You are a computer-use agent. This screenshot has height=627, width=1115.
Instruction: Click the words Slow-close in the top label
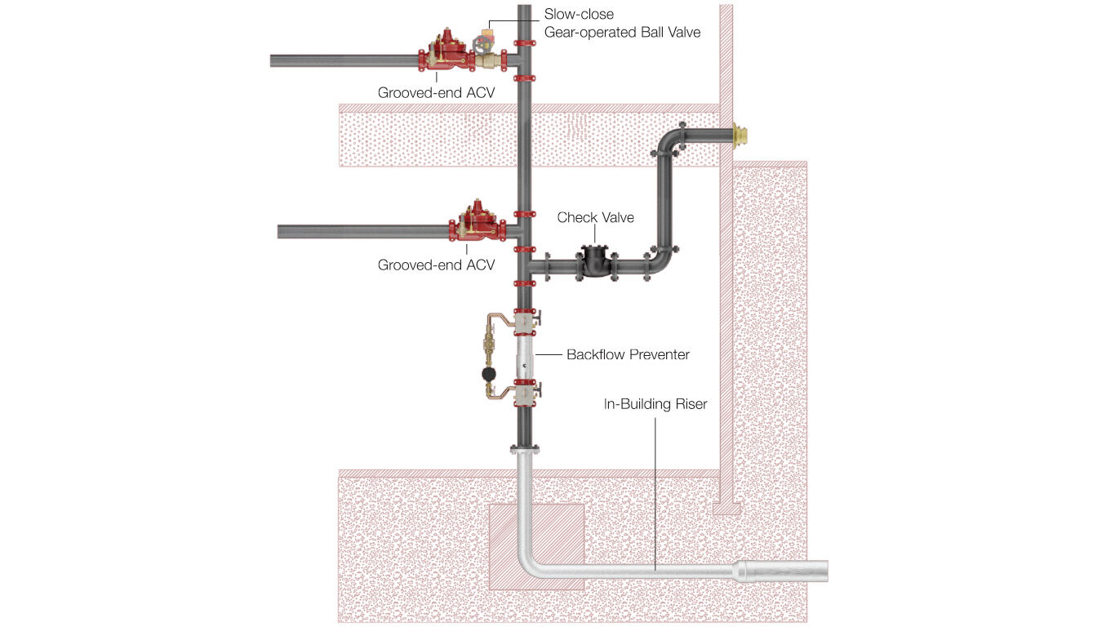point(579,15)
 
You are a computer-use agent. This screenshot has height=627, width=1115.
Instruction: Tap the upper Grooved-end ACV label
point(436,93)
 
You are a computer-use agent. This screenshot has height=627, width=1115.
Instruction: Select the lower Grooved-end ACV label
point(436,265)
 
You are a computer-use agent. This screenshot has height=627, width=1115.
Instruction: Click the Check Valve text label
point(595,217)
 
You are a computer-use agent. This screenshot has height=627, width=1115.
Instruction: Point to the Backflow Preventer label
point(628,354)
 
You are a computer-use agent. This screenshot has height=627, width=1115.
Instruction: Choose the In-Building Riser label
point(655,403)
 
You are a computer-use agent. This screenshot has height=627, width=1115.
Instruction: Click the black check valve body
point(595,263)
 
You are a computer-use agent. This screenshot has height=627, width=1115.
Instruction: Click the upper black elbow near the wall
point(672,139)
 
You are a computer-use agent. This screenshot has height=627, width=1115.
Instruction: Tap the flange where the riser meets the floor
point(523,449)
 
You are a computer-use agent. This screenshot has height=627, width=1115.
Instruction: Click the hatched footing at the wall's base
point(726,509)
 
